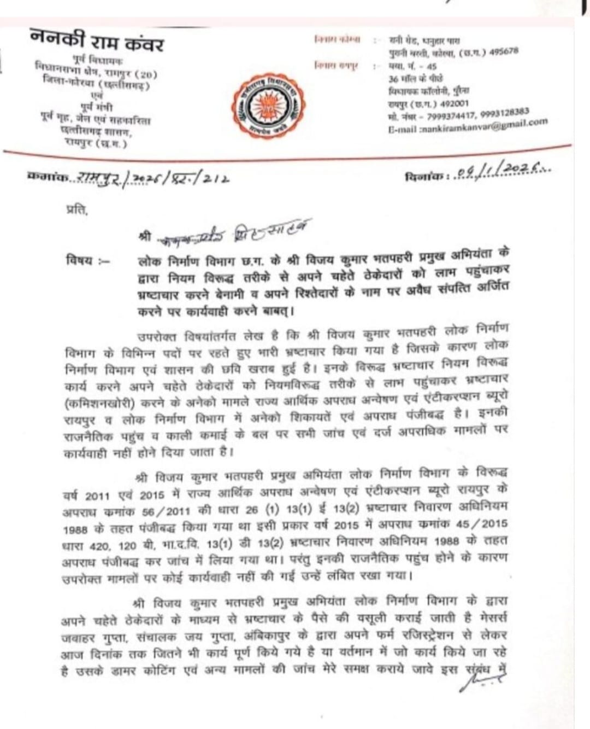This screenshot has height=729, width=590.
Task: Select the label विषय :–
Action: [87, 260]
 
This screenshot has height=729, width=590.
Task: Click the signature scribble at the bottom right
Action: [480, 678]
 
